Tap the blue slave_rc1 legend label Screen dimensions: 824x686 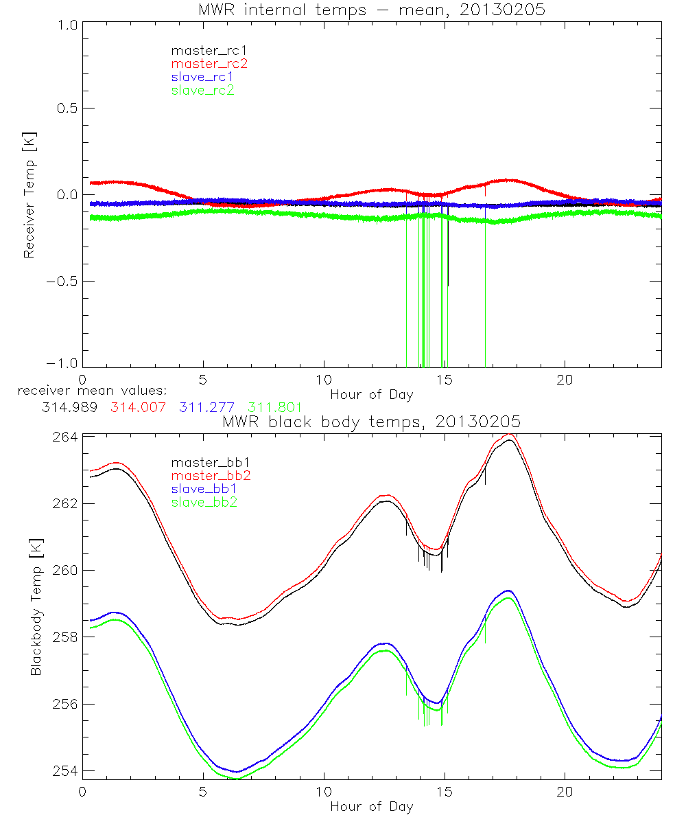203,77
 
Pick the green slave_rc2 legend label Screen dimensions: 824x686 203,90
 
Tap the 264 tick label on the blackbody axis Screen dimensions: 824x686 64,437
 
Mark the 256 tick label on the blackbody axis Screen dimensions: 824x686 64,705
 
